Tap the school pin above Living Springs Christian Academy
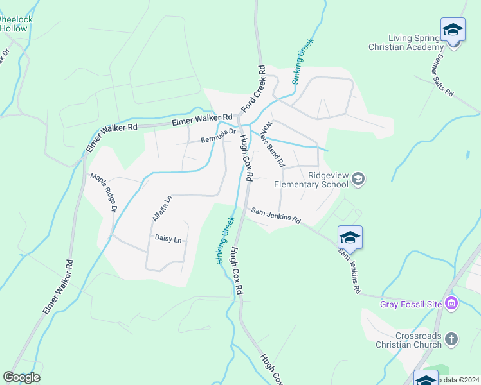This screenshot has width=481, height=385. pyautogui.click(x=453, y=30)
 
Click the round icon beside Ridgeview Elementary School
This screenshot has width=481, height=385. pyautogui.click(x=358, y=178)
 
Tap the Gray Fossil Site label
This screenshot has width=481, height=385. pyautogui.click(x=412, y=304)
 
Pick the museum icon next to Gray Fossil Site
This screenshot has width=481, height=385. pyautogui.click(x=451, y=304)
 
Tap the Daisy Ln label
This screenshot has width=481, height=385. pyautogui.click(x=168, y=239)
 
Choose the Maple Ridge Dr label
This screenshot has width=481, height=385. pyautogui.click(x=104, y=193)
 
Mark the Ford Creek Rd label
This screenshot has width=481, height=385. pyautogui.click(x=253, y=89)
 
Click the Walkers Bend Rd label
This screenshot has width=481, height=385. pyautogui.click(x=273, y=144)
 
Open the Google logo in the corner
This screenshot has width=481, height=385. pyautogui.click(x=21, y=377)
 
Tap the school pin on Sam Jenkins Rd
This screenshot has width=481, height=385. pyautogui.click(x=350, y=238)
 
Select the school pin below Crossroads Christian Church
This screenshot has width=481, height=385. pyautogui.click(x=426, y=379)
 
